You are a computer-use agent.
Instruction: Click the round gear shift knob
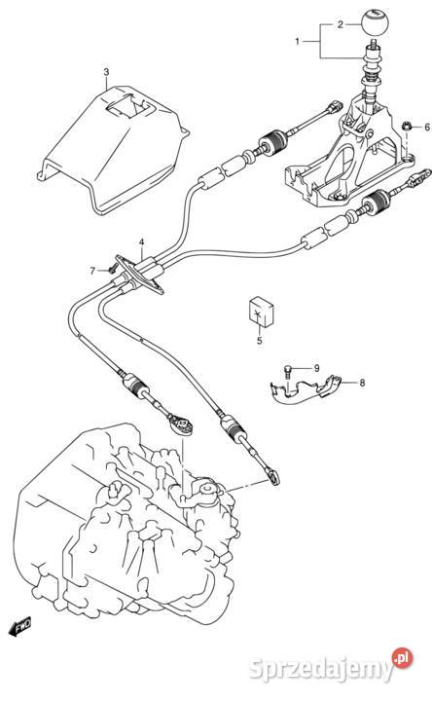375,21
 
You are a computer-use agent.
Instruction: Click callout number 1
297,42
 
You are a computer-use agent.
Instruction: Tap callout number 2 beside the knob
341,24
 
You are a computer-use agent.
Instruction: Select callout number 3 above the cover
106,72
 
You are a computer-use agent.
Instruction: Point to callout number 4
141,242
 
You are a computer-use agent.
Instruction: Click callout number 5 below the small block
260,341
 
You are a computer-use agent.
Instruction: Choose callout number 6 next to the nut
427,128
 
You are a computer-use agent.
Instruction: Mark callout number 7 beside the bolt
92,271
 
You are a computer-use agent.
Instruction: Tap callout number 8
362,383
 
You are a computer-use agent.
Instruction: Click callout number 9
316,368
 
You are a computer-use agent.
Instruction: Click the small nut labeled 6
407,127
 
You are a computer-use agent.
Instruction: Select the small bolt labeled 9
287,371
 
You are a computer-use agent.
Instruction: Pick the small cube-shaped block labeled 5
261,311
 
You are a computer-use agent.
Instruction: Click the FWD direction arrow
19,627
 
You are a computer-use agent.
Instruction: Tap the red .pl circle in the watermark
402,658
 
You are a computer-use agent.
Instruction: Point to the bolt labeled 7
112,269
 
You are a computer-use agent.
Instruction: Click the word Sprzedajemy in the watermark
321,669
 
